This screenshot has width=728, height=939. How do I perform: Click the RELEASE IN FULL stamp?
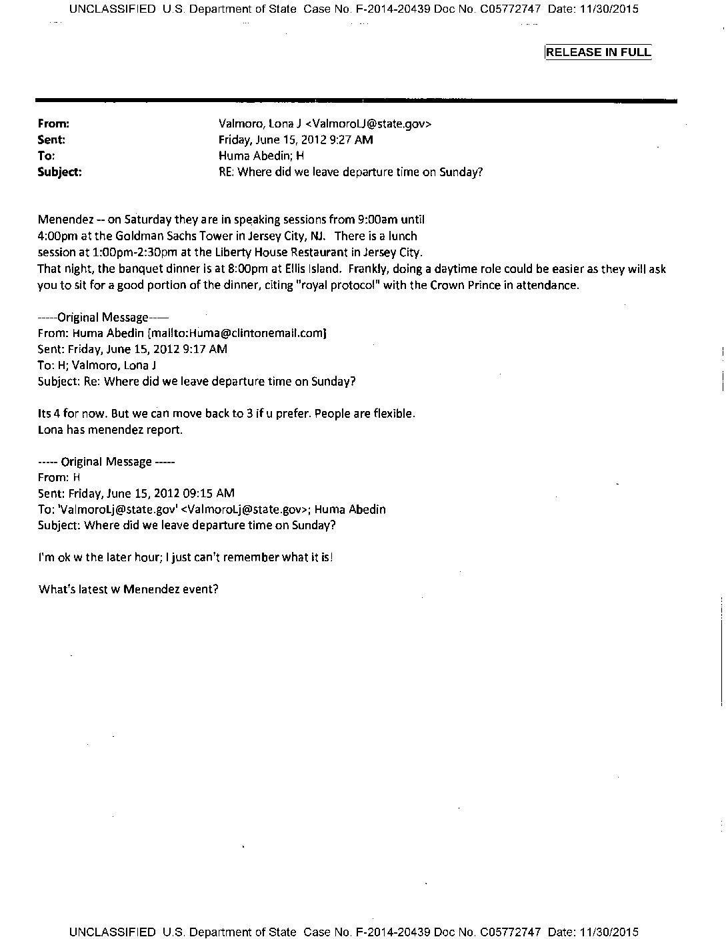tap(598, 53)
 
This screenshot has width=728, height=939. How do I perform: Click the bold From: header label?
tap(54, 123)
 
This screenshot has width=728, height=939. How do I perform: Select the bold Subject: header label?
tap(60, 172)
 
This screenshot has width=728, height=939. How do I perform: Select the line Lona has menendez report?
tap(110, 429)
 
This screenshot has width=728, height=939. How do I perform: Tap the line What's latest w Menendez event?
tap(129, 589)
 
